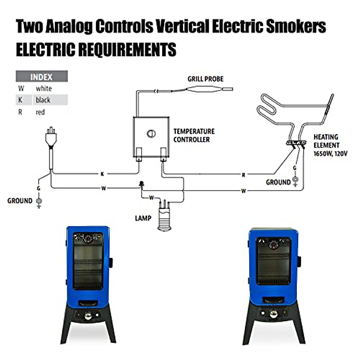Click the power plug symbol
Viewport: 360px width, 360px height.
coord(51,137)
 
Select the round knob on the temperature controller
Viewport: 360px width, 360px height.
coord(151,133)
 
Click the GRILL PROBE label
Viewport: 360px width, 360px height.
coord(205,79)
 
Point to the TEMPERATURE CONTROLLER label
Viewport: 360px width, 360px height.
coord(194,135)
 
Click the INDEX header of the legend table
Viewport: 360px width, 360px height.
coord(41,77)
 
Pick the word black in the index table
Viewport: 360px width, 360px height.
coord(43,100)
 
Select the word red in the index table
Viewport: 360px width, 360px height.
coord(40,112)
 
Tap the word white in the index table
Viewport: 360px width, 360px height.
coord(43,88)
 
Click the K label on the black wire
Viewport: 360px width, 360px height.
coord(102,174)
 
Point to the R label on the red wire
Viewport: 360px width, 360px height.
coord(243,175)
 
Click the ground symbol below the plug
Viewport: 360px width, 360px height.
coord(38,202)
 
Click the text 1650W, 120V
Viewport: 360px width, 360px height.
coord(330,154)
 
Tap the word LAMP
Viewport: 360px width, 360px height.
coord(143,218)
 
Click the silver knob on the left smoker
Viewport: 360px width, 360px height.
coord(88,316)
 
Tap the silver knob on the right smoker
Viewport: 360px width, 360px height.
coord(273,314)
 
